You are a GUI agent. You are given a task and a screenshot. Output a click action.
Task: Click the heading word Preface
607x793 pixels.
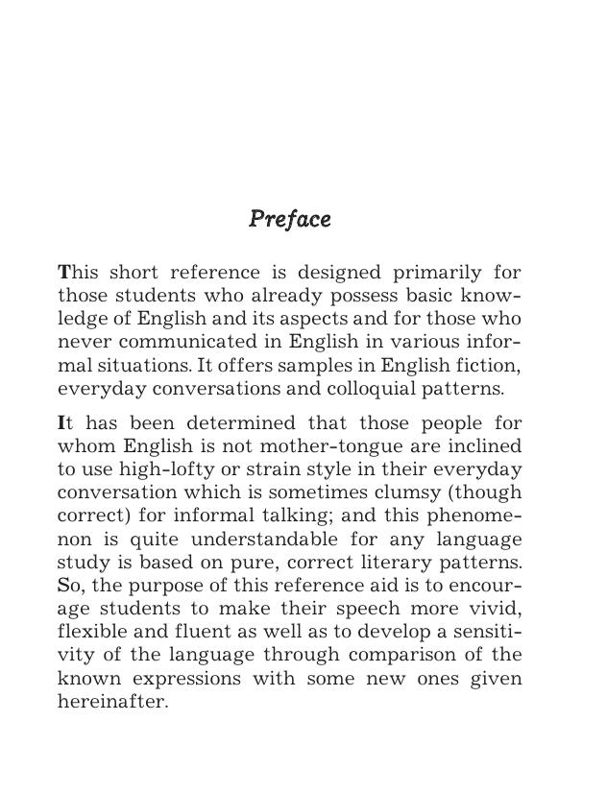(289, 220)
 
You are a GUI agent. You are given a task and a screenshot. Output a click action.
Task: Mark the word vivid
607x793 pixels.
(493, 609)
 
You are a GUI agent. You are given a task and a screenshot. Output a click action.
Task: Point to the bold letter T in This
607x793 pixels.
(64, 272)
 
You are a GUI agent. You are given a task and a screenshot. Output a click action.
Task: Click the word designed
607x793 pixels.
(338, 272)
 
